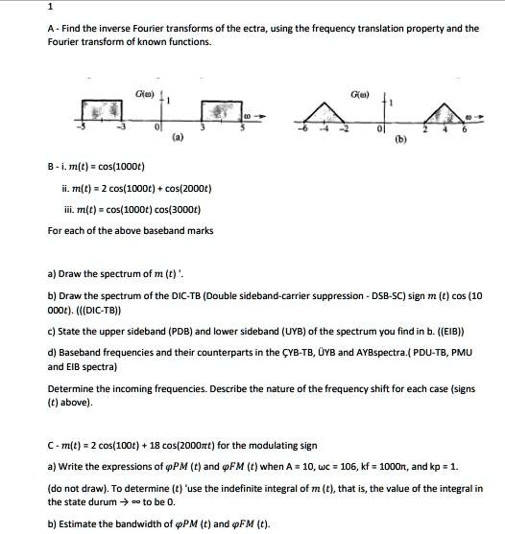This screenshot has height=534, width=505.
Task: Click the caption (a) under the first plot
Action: point(177,137)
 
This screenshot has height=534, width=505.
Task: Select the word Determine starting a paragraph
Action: point(71,403)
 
